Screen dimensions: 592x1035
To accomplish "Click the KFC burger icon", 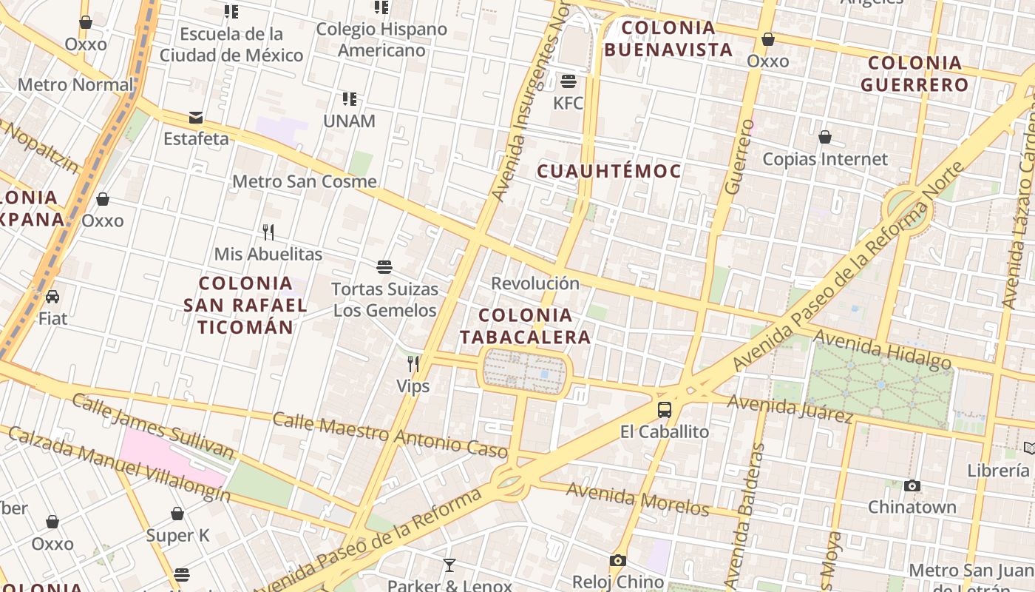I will tap(569, 81).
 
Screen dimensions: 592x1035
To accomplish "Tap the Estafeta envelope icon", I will tap(196, 117).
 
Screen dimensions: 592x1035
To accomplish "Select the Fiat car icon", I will tap(52, 297).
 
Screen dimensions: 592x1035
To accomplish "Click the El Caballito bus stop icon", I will tap(665, 409).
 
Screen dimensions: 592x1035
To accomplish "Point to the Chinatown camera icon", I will tap(912, 485).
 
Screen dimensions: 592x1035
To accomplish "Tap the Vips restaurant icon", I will tap(413, 363).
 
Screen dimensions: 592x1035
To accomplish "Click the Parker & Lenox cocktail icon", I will tap(449, 565).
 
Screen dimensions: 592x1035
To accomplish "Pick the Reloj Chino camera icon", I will tap(618, 561).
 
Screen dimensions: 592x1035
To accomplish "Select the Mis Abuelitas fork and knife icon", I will tap(268, 232).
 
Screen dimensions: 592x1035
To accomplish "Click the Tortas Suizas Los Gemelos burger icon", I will tap(384, 266).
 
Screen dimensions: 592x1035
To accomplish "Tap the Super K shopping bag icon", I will tap(177, 514).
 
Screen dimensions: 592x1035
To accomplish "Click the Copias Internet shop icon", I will tap(825, 137).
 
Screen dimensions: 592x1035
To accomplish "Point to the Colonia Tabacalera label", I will tap(526, 326).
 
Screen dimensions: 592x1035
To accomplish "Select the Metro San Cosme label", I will tap(305, 181).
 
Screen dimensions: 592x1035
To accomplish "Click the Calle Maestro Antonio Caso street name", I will tap(390, 435).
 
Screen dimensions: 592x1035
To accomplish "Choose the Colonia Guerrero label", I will tap(914, 73).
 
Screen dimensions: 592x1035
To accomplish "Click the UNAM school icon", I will tap(350, 98).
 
